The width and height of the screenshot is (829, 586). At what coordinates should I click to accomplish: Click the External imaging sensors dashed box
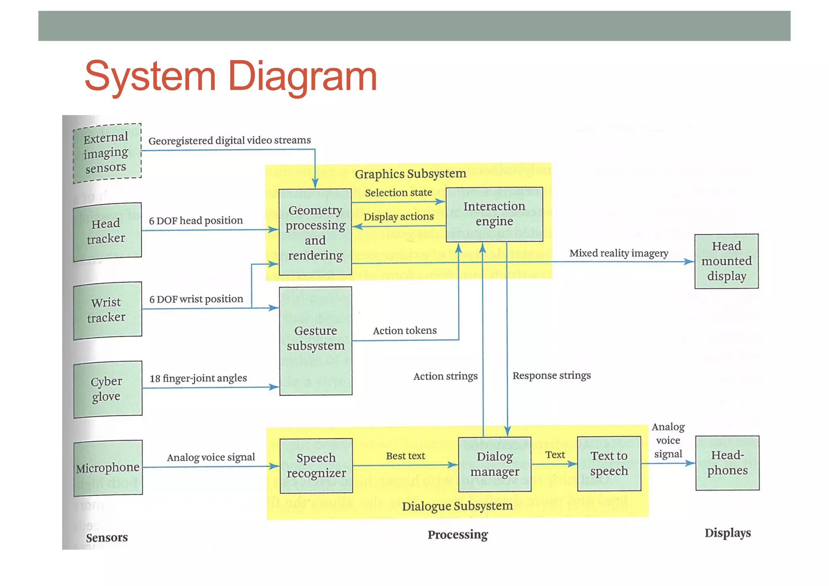(107, 153)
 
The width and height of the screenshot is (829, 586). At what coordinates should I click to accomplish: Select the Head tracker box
(107, 231)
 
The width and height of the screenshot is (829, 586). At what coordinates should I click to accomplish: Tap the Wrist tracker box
(107, 310)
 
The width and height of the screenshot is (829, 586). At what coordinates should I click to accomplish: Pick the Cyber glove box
(108, 389)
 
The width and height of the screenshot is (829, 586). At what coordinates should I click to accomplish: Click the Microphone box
(108, 468)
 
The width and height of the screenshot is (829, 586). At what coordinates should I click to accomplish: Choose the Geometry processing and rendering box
(315, 232)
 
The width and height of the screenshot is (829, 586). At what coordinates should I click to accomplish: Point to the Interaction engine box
(494, 214)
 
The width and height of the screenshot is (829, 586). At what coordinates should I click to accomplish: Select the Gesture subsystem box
(315, 340)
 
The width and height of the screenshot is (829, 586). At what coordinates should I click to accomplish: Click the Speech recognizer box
(316, 466)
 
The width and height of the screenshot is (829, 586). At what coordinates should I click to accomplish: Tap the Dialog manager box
(494, 464)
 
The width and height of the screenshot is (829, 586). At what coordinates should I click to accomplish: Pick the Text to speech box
(609, 464)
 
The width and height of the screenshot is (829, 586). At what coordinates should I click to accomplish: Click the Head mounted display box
(726, 261)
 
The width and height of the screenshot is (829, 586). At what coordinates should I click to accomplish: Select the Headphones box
(727, 463)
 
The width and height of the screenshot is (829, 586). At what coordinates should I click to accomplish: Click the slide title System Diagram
(231, 76)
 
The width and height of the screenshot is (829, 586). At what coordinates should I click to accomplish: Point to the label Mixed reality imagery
(619, 253)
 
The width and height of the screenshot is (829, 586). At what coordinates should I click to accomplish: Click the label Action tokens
(404, 331)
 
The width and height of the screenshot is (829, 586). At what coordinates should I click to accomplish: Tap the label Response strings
(551, 376)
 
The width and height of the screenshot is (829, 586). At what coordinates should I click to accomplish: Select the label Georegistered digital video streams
(230, 141)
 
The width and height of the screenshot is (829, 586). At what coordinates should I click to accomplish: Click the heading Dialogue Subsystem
(457, 506)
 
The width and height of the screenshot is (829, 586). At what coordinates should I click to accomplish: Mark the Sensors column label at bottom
(106, 538)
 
